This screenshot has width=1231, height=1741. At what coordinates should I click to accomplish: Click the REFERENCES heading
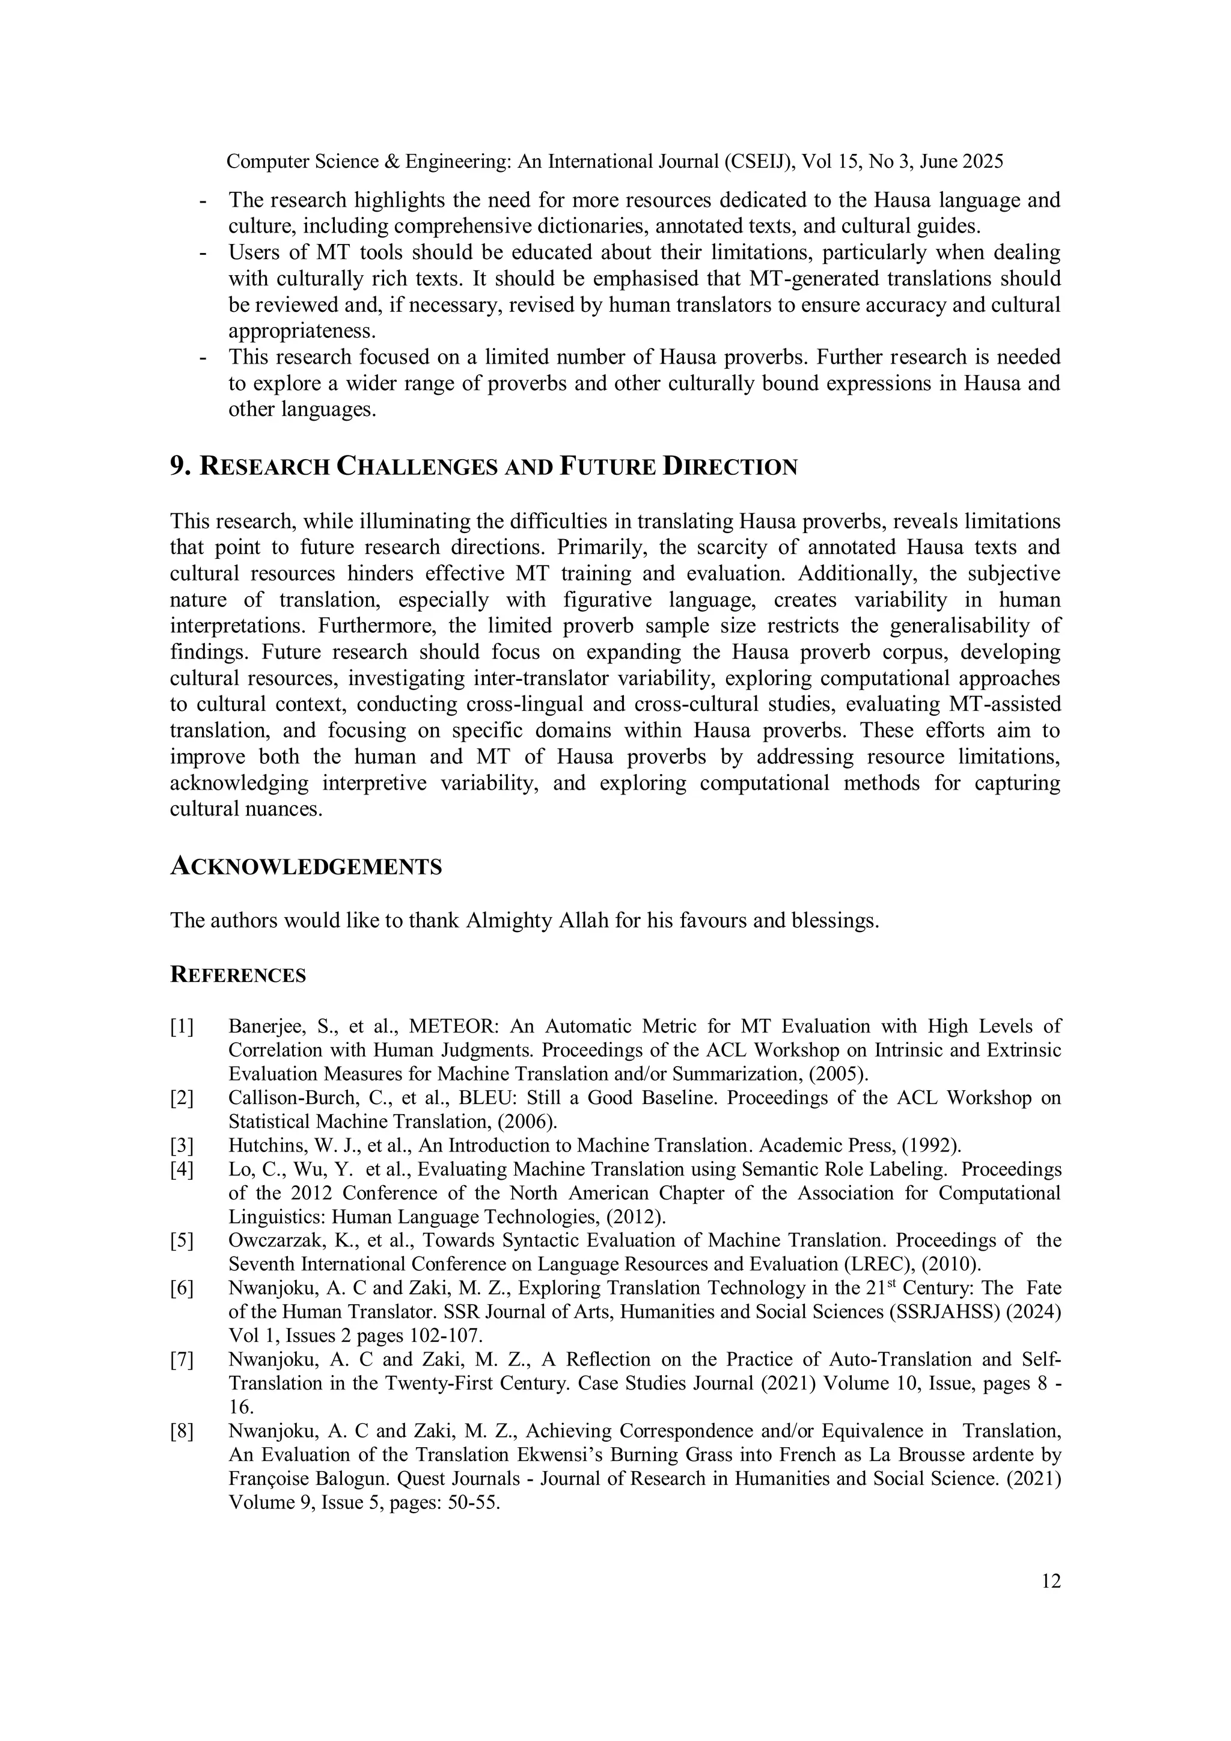[238, 975]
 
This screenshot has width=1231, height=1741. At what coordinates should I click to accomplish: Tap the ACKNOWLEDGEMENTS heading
[306, 867]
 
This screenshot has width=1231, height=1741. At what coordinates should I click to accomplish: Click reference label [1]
[182, 1026]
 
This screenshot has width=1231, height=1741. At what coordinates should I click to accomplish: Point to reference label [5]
[182, 1240]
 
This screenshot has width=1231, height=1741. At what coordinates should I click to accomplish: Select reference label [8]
[182, 1431]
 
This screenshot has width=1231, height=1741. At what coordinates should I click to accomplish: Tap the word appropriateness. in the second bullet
[302, 331]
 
